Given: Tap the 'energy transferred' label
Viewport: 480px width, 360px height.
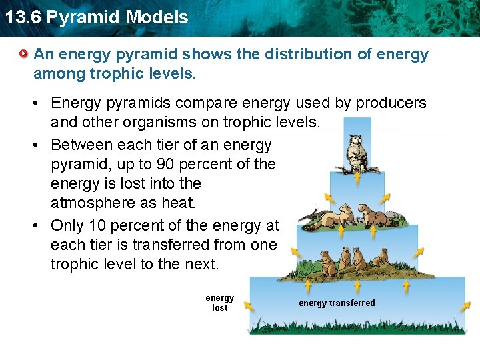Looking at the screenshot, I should point(337,303).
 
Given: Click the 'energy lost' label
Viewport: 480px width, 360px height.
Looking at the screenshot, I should point(219,303).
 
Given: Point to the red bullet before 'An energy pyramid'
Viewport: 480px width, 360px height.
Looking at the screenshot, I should point(24,53).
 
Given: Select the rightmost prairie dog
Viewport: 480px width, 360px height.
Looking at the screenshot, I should point(381,260).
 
